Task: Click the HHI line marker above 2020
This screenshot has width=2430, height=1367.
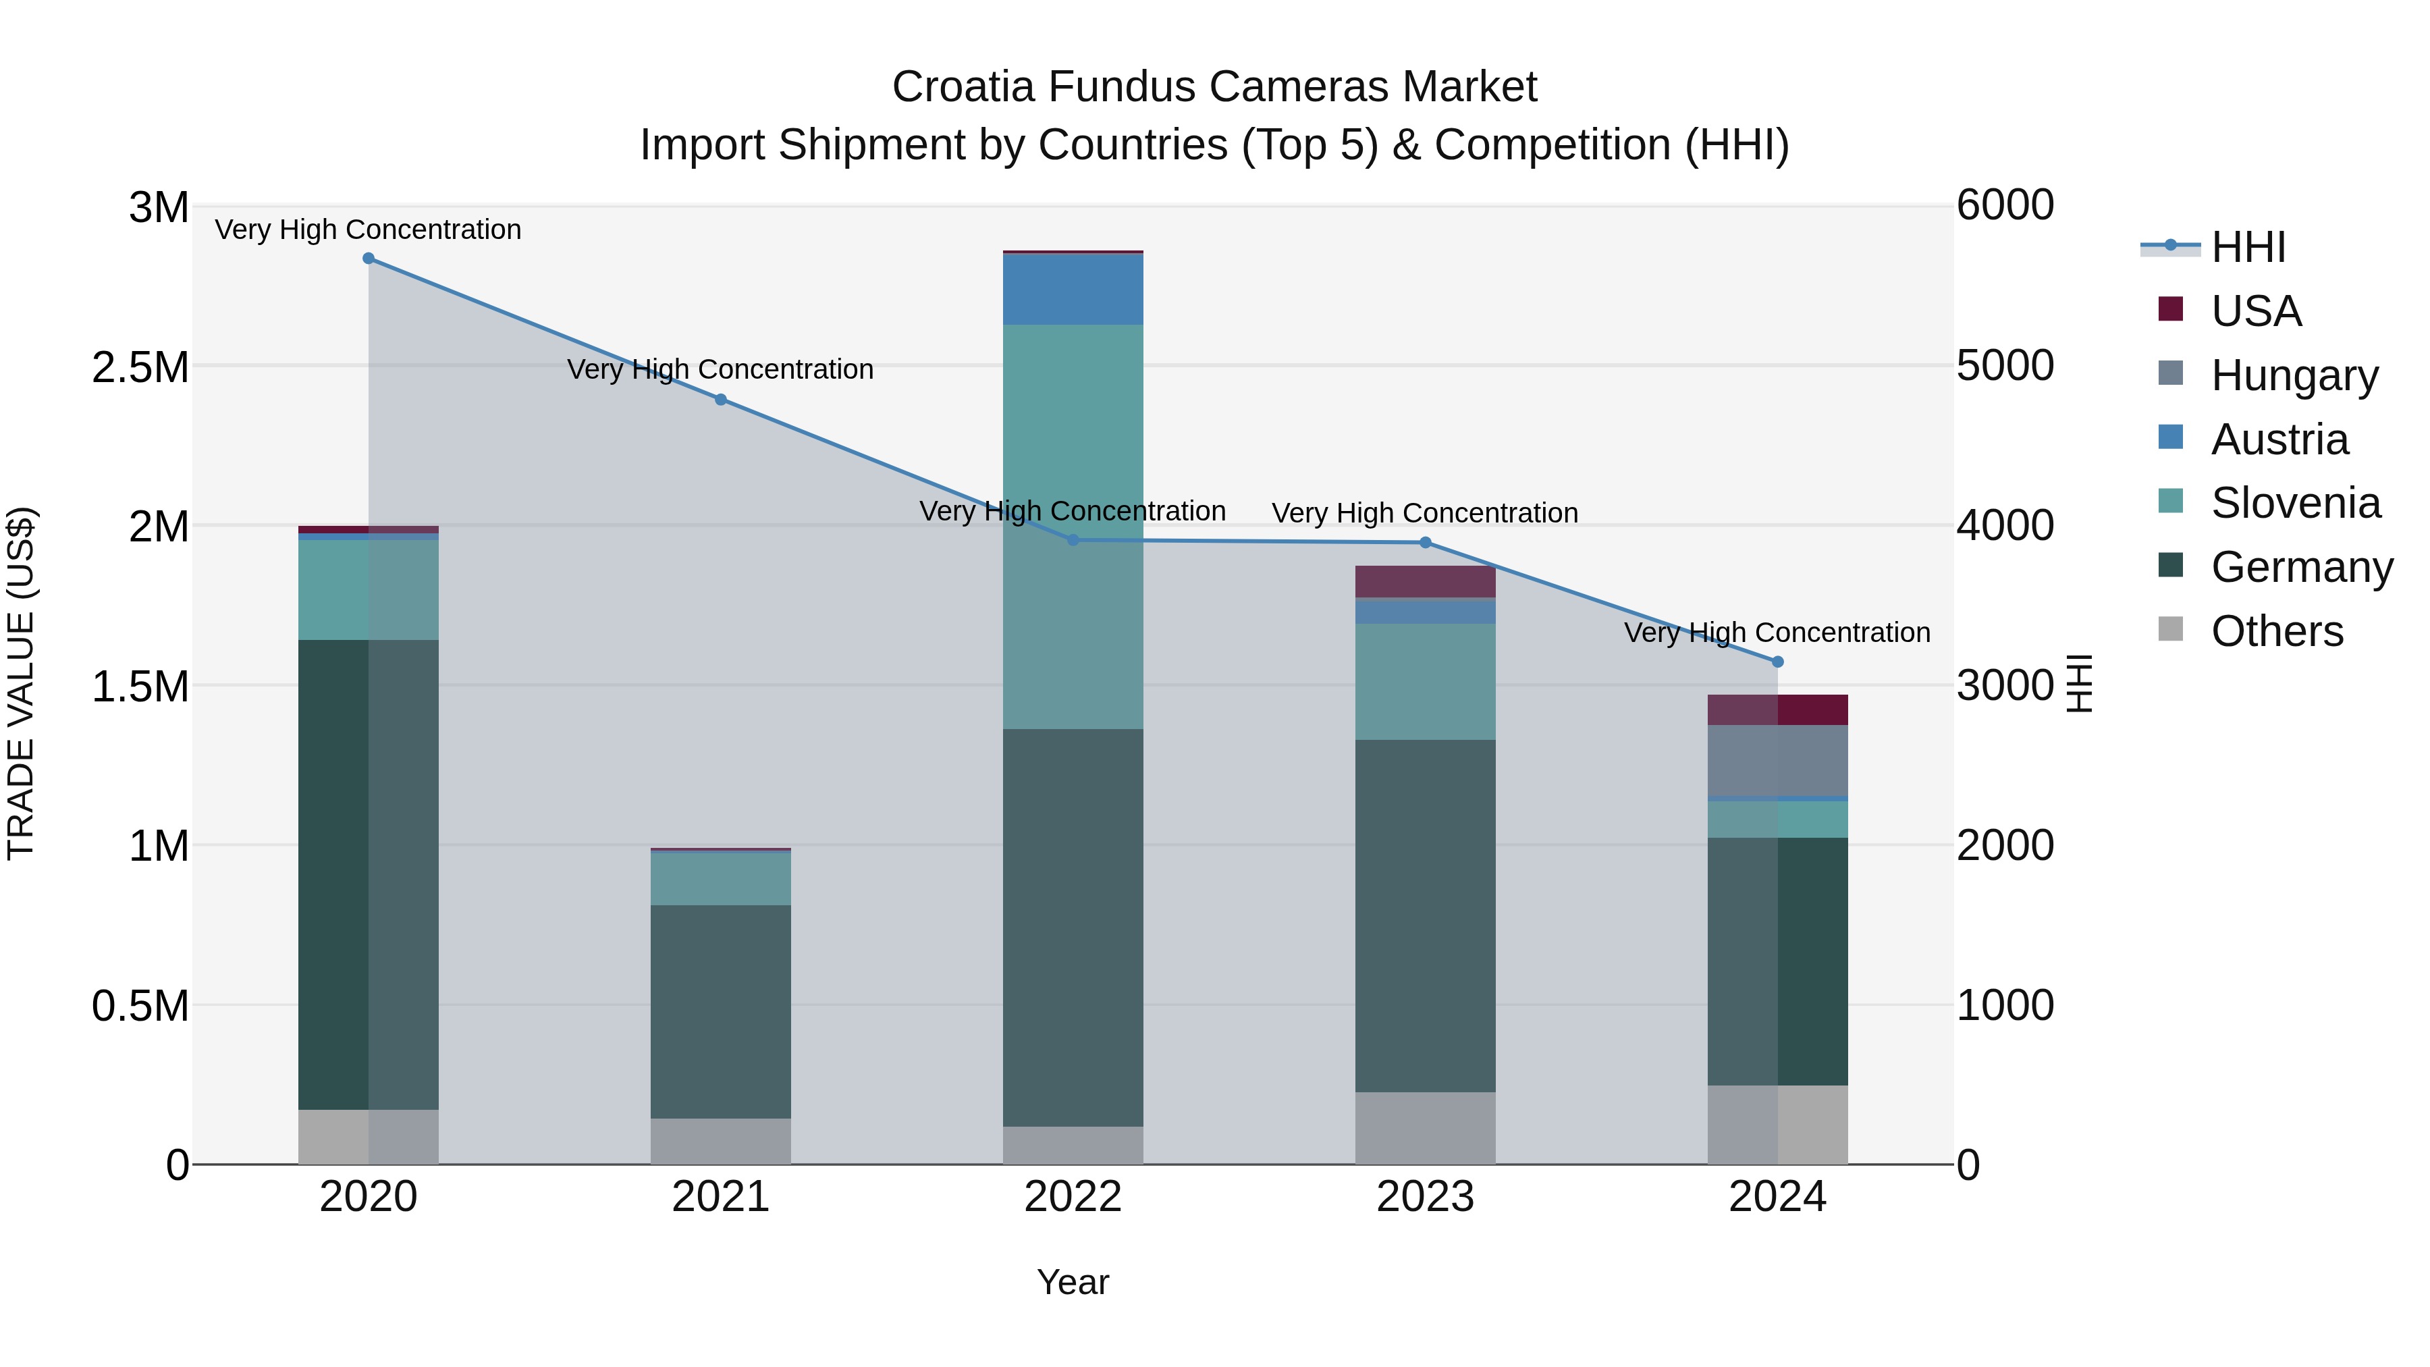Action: (369, 259)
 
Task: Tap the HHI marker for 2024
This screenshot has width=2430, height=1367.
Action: (1778, 662)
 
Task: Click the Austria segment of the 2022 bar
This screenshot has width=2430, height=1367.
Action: (1073, 290)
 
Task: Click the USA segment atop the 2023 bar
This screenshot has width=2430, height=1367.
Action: (1426, 582)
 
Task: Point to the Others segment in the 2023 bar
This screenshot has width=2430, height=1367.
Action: (1426, 1128)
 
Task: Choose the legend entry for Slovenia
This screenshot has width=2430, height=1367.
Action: (2295, 503)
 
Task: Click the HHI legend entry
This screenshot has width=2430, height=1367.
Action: (2248, 247)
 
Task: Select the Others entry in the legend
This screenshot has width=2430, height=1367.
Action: (2276, 631)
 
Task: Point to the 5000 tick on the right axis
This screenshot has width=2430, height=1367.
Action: (2005, 365)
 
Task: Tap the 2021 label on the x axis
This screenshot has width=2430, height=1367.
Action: (721, 1197)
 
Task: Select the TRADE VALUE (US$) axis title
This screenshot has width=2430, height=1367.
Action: (21, 684)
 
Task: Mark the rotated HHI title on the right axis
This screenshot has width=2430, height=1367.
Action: (2078, 684)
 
